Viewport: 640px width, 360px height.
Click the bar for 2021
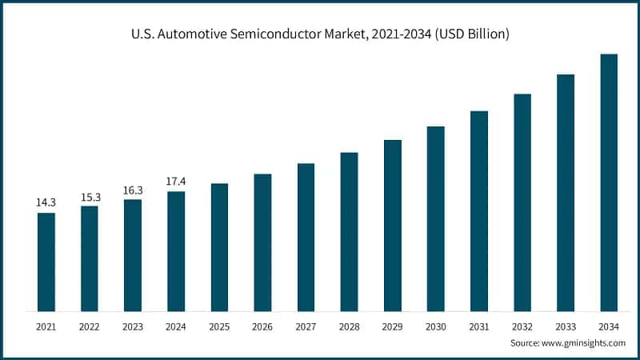pos(46,262)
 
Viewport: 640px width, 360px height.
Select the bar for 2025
pos(219,247)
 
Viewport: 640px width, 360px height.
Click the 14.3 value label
pos(46,203)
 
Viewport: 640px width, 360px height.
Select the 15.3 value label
pos(90,197)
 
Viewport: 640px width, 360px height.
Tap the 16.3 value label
pos(133,190)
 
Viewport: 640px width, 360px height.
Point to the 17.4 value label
pos(176,182)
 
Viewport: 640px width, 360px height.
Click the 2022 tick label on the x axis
pos(90,326)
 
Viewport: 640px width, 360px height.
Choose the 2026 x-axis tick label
pos(262,326)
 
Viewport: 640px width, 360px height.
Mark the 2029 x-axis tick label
pos(392,326)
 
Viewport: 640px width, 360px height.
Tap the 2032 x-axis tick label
pos(522,326)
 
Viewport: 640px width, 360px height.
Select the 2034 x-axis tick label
pos(609,326)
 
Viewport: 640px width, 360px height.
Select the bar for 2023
pos(133,255)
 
